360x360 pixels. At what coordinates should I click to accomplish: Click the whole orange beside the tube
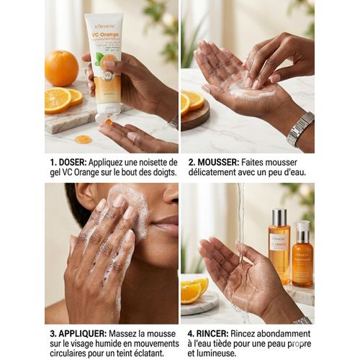point(61,68)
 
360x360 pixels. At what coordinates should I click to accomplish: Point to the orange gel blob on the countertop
point(84,139)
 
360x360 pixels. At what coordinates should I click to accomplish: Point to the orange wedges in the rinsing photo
point(193,290)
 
